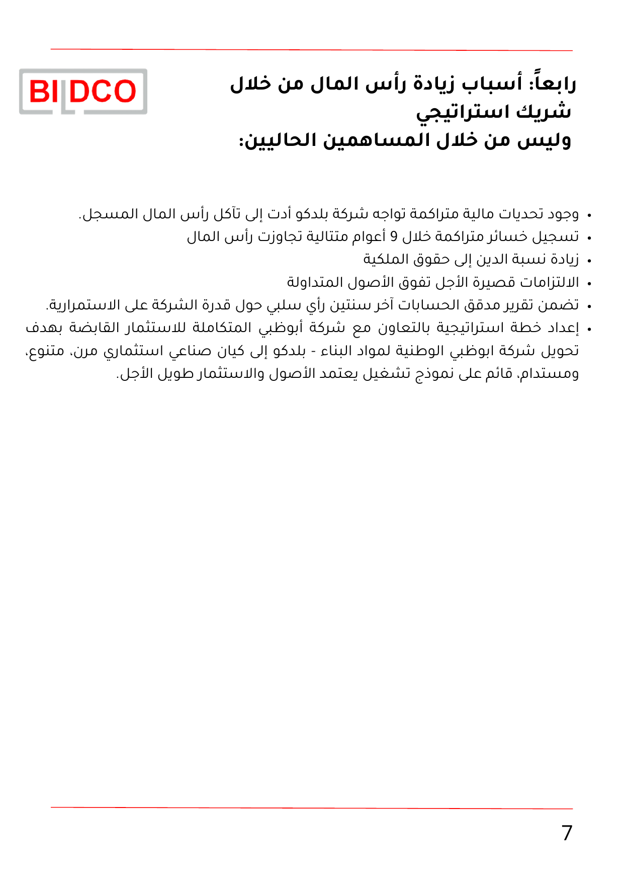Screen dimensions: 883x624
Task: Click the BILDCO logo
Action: [x=83, y=92]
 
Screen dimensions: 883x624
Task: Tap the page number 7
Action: [x=567, y=833]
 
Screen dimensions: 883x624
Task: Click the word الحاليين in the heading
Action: [x=277, y=140]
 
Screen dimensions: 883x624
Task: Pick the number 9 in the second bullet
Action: [x=394, y=236]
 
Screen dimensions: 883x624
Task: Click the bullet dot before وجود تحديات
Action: [x=589, y=216]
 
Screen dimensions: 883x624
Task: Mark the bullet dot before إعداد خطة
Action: [x=589, y=330]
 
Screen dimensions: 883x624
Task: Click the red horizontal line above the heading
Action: [x=312, y=50]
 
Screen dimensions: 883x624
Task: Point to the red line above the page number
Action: [x=312, y=808]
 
